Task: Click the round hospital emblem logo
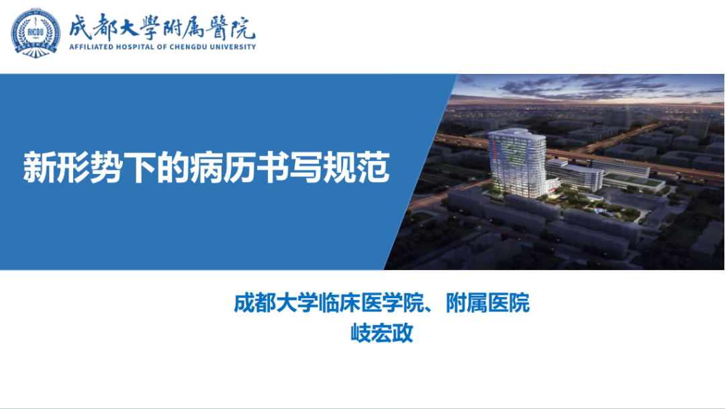(35, 32)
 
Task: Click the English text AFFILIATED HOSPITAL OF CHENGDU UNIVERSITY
(161, 47)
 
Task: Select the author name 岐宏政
(381, 332)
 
